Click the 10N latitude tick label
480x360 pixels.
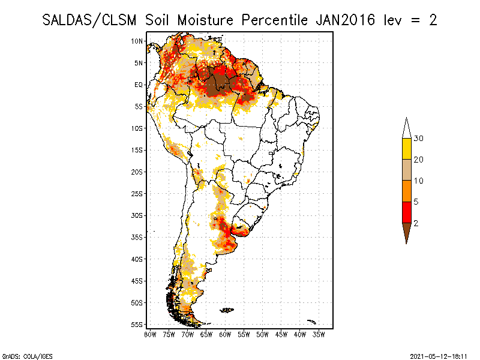(x=137, y=41)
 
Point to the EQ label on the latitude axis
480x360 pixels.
(x=139, y=85)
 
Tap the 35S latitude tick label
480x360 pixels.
(x=137, y=237)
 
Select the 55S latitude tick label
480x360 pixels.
(x=137, y=324)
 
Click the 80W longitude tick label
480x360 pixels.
(x=150, y=334)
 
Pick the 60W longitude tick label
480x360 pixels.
(x=225, y=334)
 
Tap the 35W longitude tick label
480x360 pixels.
(x=319, y=334)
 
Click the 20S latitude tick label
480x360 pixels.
(x=137, y=172)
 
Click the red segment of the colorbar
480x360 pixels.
(x=406, y=212)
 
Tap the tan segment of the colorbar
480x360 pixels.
(x=406, y=170)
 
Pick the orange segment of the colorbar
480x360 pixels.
(x=406, y=191)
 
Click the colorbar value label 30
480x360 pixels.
(x=419, y=139)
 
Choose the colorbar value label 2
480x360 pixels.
(x=416, y=223)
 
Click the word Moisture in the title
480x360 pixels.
(x=206, y=20)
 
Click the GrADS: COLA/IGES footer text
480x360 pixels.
(x=23, y=355)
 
